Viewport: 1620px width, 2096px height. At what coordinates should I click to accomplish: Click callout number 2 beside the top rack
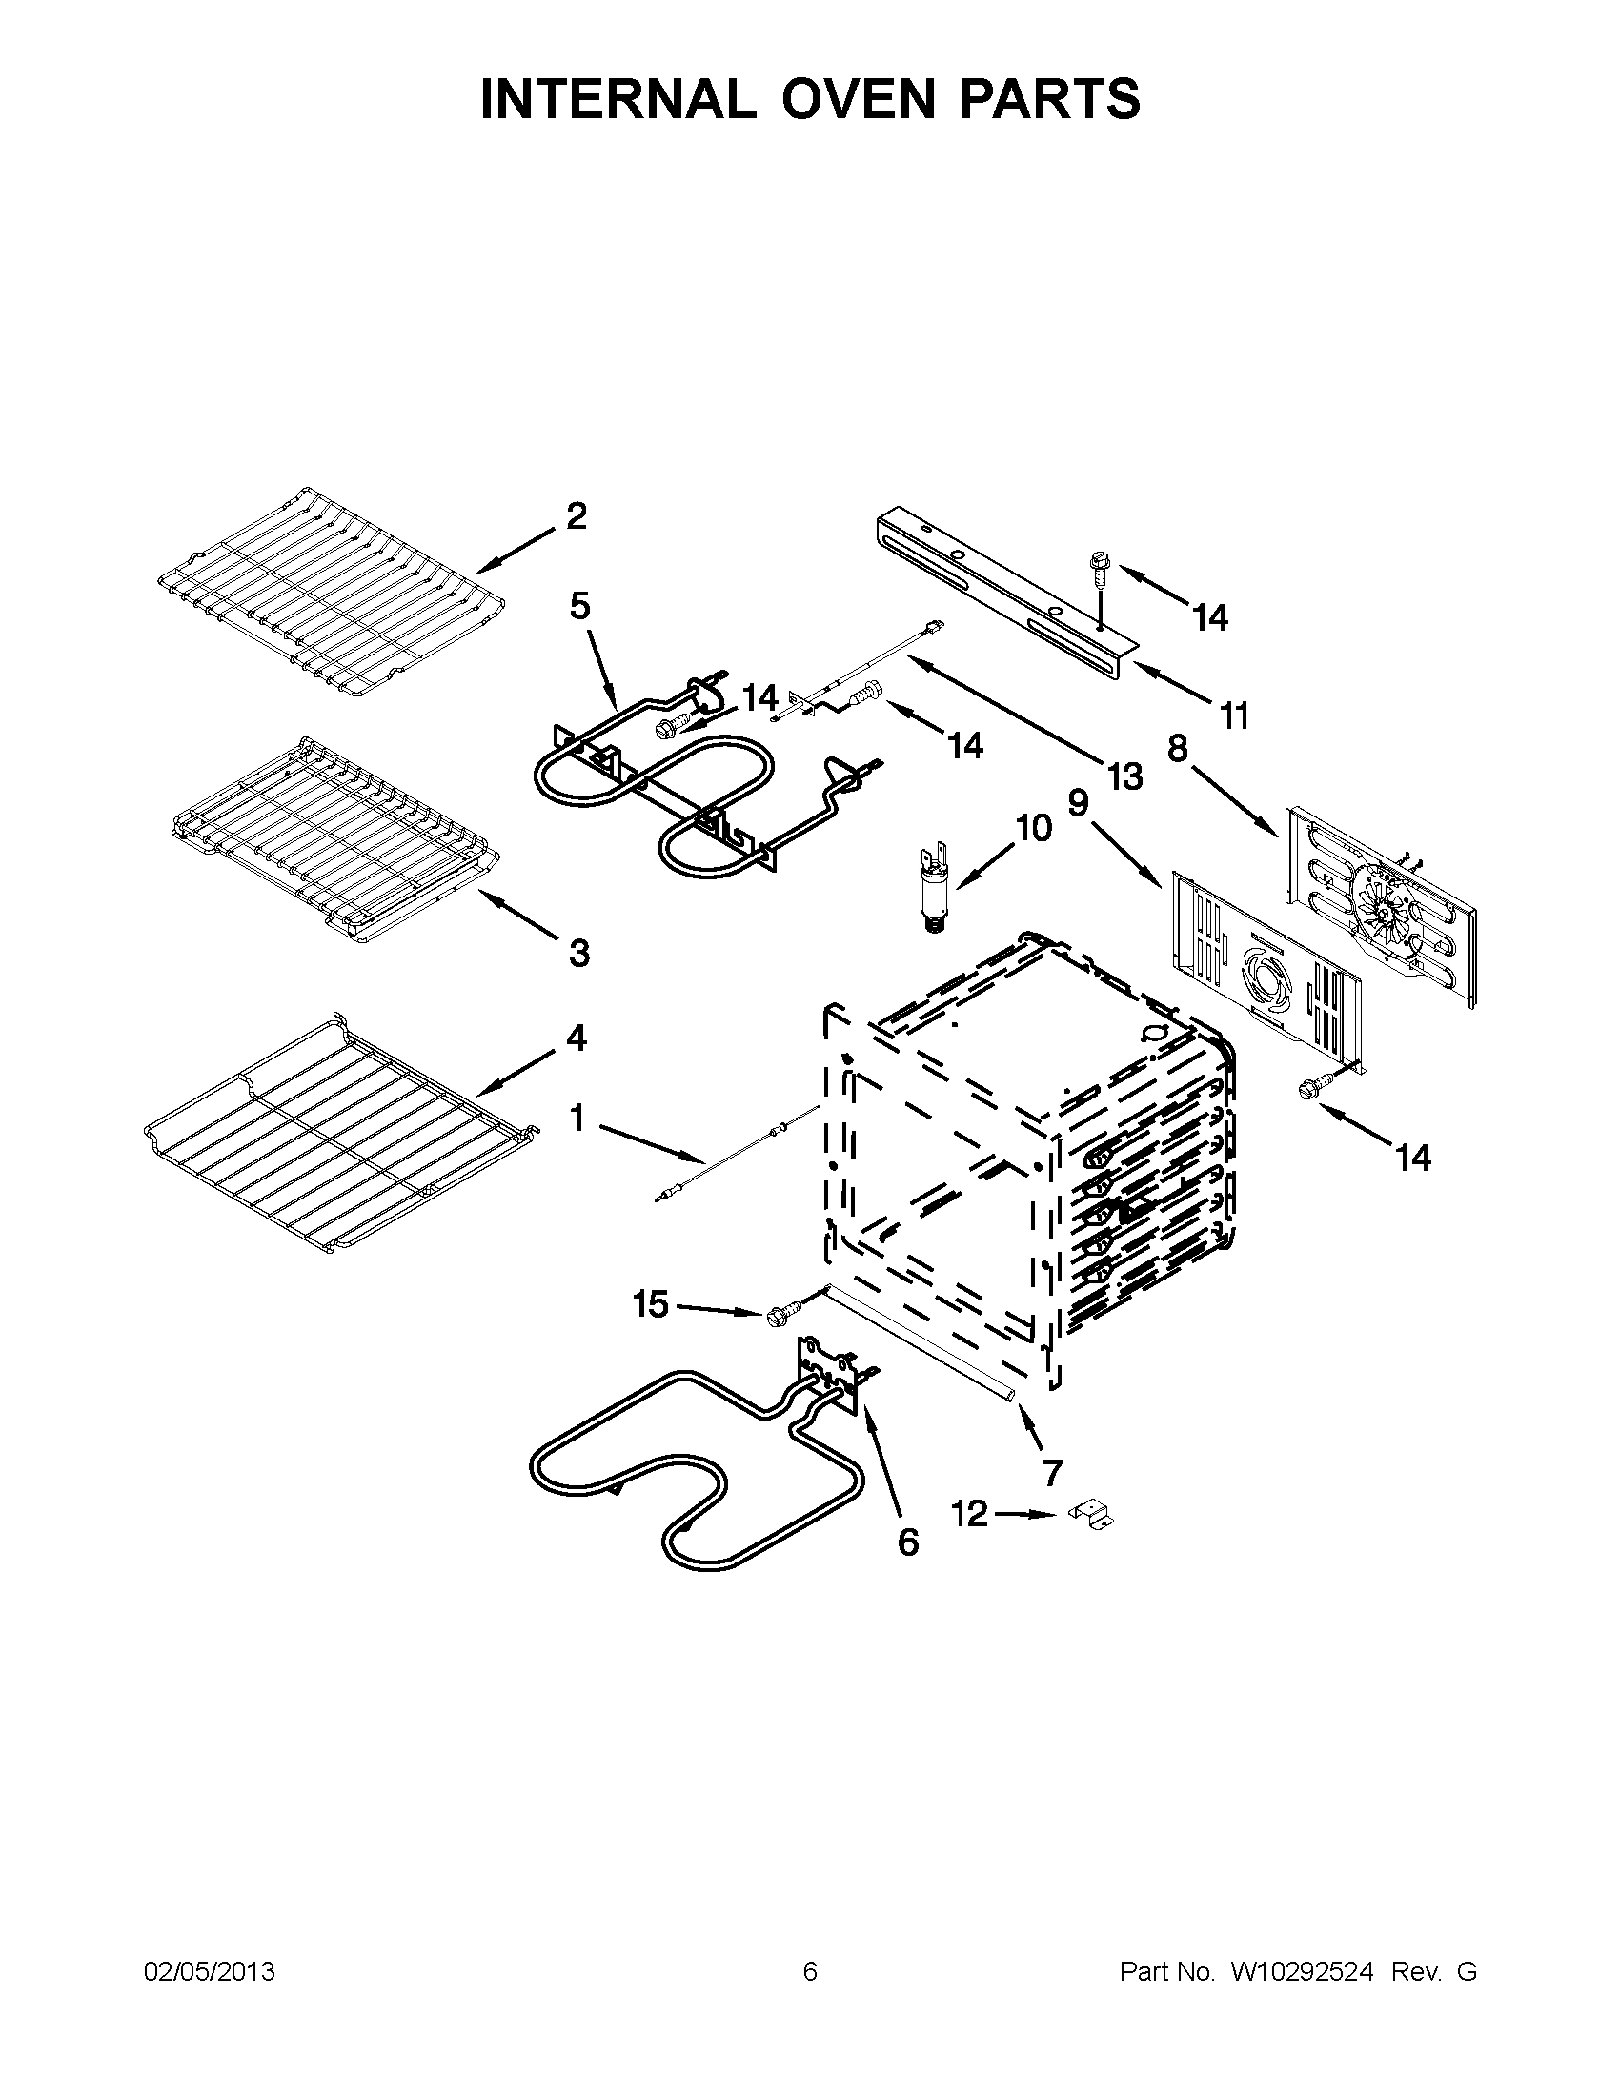576,517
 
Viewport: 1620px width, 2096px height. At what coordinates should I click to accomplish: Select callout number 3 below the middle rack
578,953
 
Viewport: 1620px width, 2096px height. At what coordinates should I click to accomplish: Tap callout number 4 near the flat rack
576,1038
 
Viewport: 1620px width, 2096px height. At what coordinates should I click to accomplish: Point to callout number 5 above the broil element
579,607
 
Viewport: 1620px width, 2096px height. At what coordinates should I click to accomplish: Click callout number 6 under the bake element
907,1542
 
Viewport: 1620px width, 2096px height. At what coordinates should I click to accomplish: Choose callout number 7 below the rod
1052,1471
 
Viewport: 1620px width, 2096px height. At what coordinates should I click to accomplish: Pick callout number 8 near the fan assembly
1178,748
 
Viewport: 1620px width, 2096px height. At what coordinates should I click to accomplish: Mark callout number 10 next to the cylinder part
1034,827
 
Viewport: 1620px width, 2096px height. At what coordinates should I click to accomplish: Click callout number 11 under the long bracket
1234,715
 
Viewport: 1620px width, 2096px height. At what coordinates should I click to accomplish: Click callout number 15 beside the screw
650,1304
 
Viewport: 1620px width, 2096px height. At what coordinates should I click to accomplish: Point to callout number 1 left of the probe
577,1118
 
